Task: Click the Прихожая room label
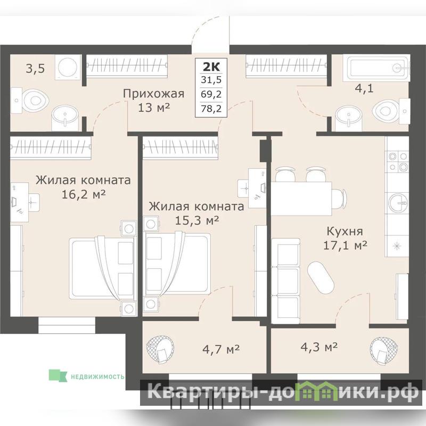tap(153, 94)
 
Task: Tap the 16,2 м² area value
tap(84, 194)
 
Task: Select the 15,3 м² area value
tap(196, 220)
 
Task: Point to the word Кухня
tap(345, 232)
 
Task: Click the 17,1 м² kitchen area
tap(345, 245)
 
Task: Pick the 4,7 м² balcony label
tap(221, 349)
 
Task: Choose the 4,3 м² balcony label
tap(319, 347)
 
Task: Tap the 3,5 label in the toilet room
tap(35, 69)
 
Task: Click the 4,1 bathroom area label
tap(364, 88)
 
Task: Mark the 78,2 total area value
tap(211, 109)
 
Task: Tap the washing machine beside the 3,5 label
tap(68, 67)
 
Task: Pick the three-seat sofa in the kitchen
tap(285, 281)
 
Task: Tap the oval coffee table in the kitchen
tap(321, 277)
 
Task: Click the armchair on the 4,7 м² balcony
tap(160, 350)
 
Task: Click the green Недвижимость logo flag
tap(58, 375)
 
